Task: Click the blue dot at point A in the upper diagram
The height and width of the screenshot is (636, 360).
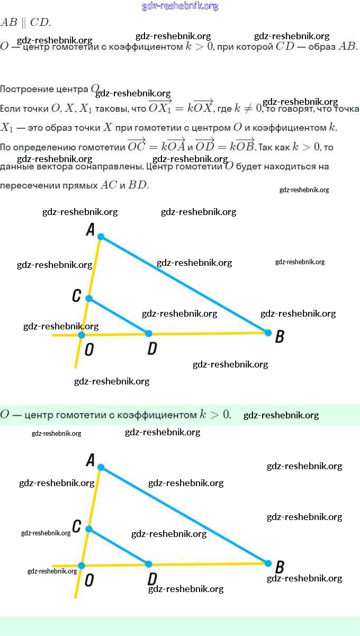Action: pyautogui.click(x=101, y=237)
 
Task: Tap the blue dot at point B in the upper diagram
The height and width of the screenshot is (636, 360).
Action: pyautogui.click(x=268, y=333)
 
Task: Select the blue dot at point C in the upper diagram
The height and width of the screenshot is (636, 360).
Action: pyautogui.click(x=89, y=299)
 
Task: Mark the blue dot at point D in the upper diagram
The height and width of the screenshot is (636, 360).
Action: pyautogui.click(x=149, y=333)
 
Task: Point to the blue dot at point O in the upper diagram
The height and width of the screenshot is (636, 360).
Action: pyautogui.click(x=81, y=335)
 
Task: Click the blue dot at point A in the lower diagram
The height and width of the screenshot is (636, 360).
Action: pyautogui.click(x=101, y=468)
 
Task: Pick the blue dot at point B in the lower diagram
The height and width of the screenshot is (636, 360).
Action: pyautogui.click(x=268, y=563)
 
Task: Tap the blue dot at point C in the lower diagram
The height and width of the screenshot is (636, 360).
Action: pyautogui.click(x=89, y=529)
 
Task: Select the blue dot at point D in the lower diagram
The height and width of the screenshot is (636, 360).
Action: pyautogui.click(x=149, y=564)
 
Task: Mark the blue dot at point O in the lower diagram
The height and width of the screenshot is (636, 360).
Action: pyautogui.click(x=81, y=566)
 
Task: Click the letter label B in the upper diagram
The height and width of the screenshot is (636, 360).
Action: pyautogui.click(x=280, y=336)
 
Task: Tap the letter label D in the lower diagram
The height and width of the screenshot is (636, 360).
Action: pyautogui.click(x=152, y=578)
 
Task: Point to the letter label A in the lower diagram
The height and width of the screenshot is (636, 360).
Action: pyautogui.click(x=90, y=460)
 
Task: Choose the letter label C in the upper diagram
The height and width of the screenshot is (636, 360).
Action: pyautogui.click(x=77, y=295)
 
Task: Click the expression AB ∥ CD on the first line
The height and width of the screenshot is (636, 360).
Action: pyautogui.click(x=25, y=22)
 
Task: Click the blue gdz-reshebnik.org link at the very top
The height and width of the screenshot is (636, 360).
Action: pyautogui.click(x=180, y=6)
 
